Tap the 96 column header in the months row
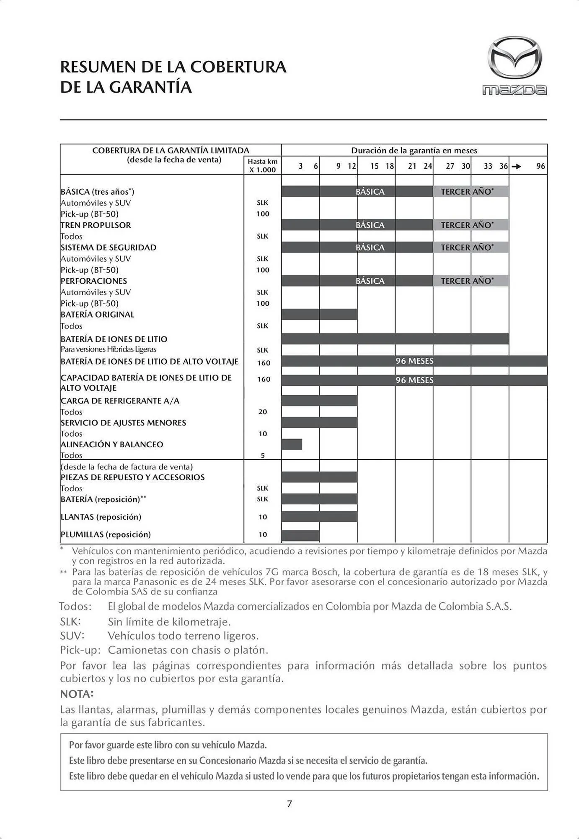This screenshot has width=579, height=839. coord(540,166)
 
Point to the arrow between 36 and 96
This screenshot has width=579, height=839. coord(517,167)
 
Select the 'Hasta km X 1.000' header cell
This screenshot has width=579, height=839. coord(262,165)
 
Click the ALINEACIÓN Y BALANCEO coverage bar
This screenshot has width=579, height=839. coord(292,444)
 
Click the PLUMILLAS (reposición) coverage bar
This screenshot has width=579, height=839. coord(300,535)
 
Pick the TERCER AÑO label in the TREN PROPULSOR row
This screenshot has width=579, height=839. coord(467,225)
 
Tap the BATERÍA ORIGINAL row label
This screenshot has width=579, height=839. coord(97,314)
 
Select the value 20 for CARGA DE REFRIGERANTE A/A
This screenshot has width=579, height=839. coord(263,412)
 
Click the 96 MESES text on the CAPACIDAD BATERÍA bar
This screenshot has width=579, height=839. coord(414,380)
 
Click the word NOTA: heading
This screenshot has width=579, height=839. coord(77,694)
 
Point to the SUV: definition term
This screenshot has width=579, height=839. coord(72,636)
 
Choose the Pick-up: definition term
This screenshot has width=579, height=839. coord(80,650)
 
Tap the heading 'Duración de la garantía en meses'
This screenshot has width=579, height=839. coord(414,150)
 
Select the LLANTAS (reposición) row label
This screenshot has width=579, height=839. coord(101,517)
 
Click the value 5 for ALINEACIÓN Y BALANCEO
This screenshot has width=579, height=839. coord(263,455)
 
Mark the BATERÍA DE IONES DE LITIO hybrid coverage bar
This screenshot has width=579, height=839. coord(395,339)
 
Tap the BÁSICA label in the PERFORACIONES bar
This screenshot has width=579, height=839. coord(370,281)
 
